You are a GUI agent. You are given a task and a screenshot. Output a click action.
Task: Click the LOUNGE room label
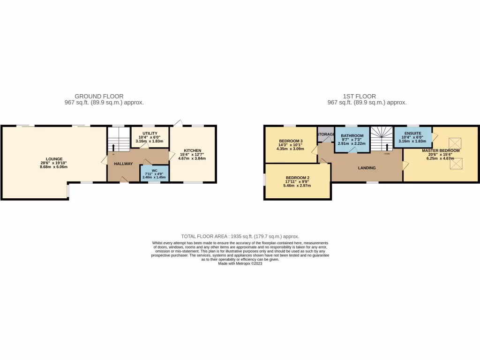[x=54, y=159]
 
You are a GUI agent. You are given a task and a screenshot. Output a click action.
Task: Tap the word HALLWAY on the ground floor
[x=123, y=164]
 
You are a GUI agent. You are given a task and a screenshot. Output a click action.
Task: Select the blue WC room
[x=154, y=173]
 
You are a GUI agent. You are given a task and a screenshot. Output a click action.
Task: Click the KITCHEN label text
[x=193, y=150]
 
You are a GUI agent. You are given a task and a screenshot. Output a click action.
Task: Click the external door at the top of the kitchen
[x=178, y=123]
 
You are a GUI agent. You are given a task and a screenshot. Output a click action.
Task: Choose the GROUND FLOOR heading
[x=99, y=96]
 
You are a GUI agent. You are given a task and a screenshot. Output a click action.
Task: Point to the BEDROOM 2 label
[x=298, y=178]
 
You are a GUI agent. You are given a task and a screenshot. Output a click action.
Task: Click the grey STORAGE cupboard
[x=325, y=135]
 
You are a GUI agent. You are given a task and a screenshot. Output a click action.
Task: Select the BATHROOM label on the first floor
[x=352, y=136]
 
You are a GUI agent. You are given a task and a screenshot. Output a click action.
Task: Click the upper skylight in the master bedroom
[x=453, y=142]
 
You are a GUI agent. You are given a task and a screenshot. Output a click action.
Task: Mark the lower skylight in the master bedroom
[x=453, y=164]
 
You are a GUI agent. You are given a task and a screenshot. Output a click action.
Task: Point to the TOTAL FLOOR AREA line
[x=240, y=236]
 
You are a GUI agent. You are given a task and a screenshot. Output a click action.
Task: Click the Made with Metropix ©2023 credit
[x=240, y=263]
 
